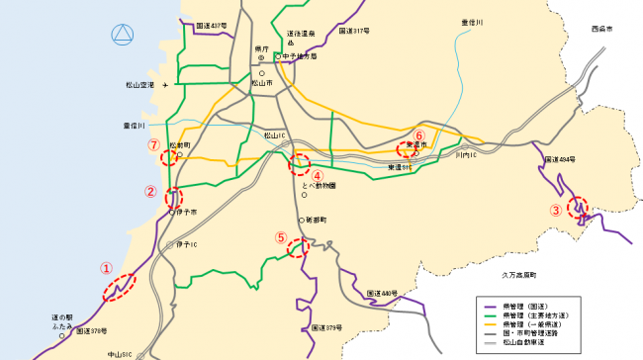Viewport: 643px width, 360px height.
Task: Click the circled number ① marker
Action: tap(106, 267)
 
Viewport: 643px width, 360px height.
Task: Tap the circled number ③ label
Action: tap(556, 210)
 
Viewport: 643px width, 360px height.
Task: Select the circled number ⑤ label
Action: tap(281, 237)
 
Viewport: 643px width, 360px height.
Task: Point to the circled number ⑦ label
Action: tap(153, 143)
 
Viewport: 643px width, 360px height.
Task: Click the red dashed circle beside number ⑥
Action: tap(406, 150)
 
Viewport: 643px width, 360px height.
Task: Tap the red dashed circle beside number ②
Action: tap(174, 196)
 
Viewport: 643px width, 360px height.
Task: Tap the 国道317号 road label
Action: tap(353, 32)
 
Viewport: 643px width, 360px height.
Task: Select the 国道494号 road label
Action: tap(560, 158)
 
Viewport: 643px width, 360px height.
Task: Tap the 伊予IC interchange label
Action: tap(188, 243)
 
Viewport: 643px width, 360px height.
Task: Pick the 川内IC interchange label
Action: tap(466, 155)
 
